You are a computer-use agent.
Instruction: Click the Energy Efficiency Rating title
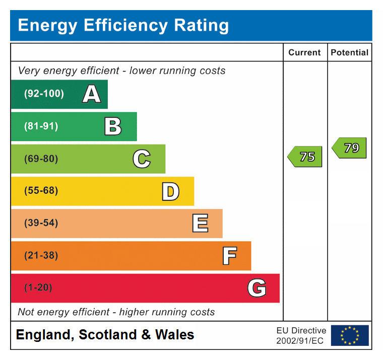tap(123, 25)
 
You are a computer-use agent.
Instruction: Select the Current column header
tap(304, 52)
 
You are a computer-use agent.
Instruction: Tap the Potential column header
tap(349, 52)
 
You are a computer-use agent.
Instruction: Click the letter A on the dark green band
tap(91, 94)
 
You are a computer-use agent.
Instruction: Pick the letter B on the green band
tap(113, 126)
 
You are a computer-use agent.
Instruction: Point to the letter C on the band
tap(142, 159)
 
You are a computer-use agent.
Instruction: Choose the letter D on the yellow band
tap(170, 191)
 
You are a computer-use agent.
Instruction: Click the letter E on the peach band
tap(200, 224)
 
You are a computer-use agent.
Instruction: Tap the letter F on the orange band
tap(229, 256)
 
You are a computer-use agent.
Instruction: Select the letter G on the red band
tap(257, 288)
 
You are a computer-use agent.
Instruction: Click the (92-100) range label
tap(44, 94)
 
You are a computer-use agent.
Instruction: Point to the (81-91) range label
tap(41, 126)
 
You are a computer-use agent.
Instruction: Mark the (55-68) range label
tap(41, 191)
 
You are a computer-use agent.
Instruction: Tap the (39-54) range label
tap(41, 223)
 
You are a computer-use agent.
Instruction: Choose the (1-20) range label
tap(38, 287)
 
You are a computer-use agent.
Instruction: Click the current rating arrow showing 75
tap(305, 157)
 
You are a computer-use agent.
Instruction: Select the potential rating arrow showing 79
tap(349, 148)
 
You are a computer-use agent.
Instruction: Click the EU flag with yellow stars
tap(349, 335)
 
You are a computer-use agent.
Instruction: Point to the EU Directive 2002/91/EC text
tap(301, 335)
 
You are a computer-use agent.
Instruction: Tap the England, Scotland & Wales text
tap(105, 335)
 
